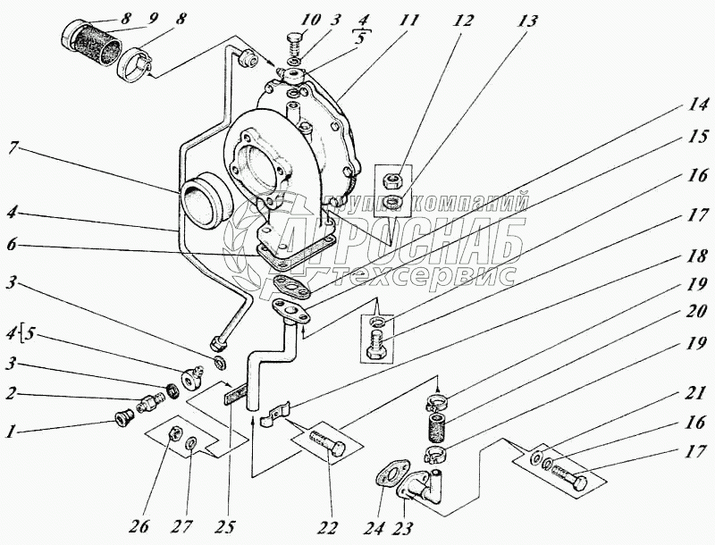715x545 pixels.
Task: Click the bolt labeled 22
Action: pos(330,444)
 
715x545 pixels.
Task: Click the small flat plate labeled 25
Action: pos(235,394)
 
